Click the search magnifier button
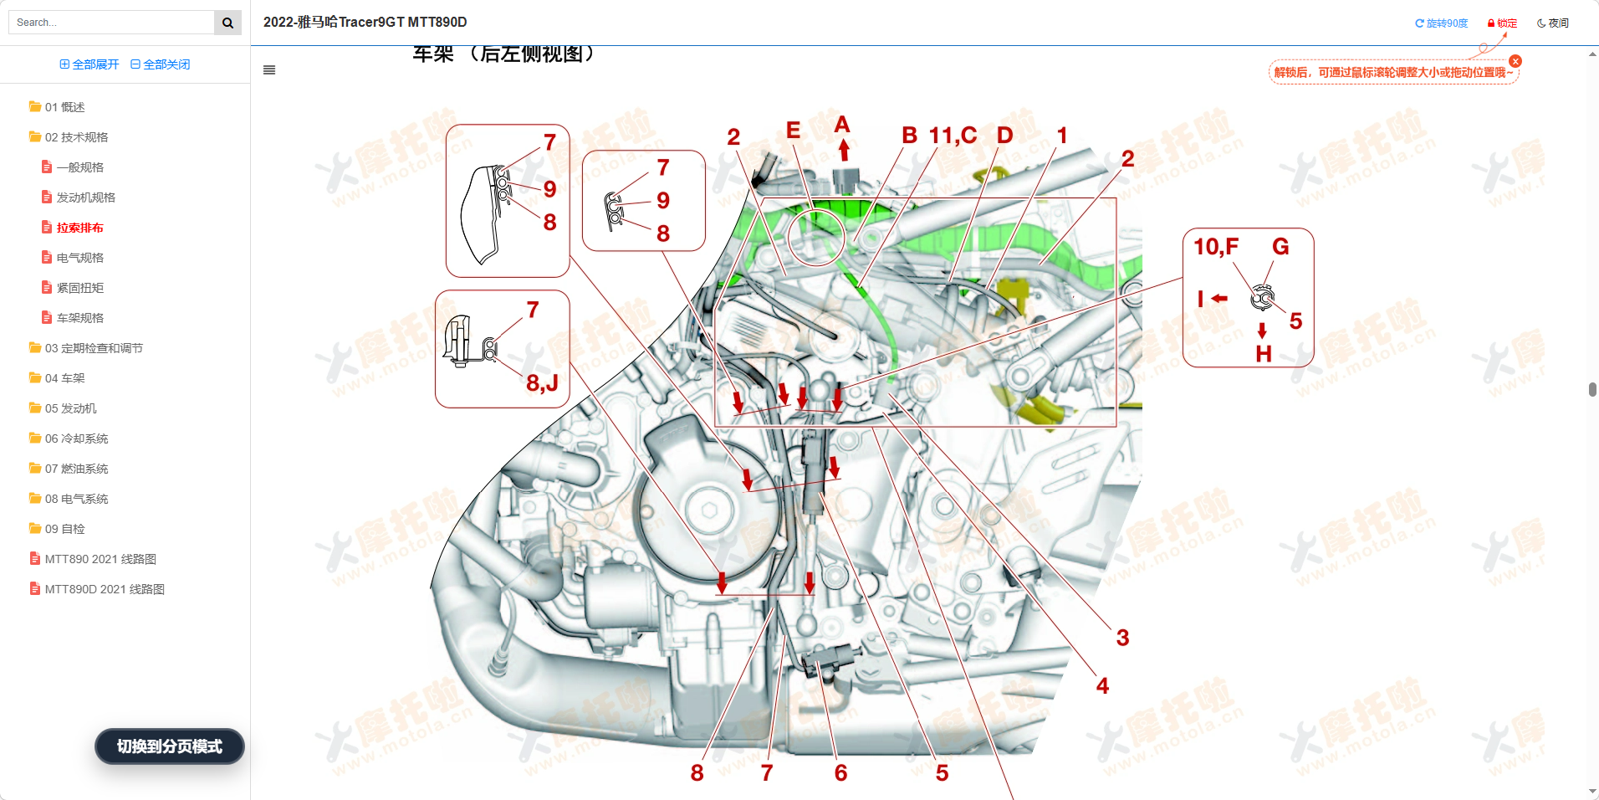[227, 23]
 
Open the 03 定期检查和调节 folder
[93, 348]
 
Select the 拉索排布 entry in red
[79, 228]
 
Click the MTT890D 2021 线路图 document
[104, 589]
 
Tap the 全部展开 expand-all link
[89, 64]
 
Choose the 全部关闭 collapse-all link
[161, 64]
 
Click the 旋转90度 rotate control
[1442, 23]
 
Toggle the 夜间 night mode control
[1553, 23]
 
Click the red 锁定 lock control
[1502, 23]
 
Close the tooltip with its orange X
[1515, 61]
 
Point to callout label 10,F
[1215, 247]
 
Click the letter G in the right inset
[1280, 247]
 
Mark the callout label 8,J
[542, 383]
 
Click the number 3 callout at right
[1122, 638]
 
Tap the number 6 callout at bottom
[840, 773]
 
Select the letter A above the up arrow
[842, 126]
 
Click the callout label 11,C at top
[953, 136]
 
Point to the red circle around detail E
[815, 237]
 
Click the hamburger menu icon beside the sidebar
[269, 70]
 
